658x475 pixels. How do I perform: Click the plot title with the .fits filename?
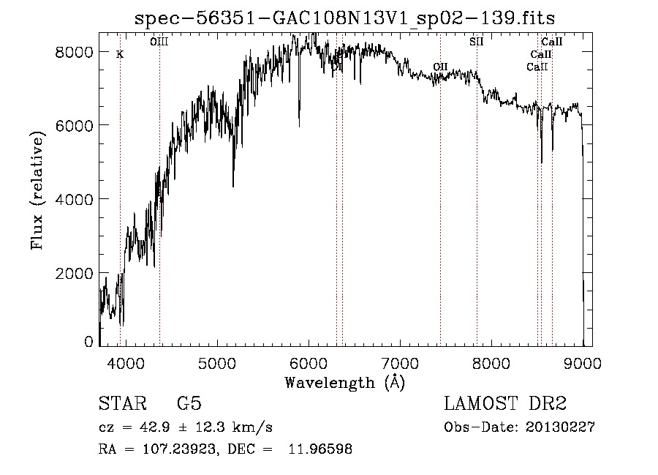click(350, 18)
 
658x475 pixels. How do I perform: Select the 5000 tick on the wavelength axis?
click(217, 363)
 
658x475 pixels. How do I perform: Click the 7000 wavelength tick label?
click(400, 363)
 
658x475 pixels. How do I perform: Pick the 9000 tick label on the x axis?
click(583, 363)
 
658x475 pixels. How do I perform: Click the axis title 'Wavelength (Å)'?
click(344, 382)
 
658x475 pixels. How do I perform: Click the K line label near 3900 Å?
click(120, 54)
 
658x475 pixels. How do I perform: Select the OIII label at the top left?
click(159, 42)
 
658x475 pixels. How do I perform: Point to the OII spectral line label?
click(440, 67)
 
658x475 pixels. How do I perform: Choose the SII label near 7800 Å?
click(477, 42)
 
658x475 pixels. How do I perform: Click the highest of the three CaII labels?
click(551, 42)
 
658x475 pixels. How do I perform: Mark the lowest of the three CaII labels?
click(537, 67)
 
